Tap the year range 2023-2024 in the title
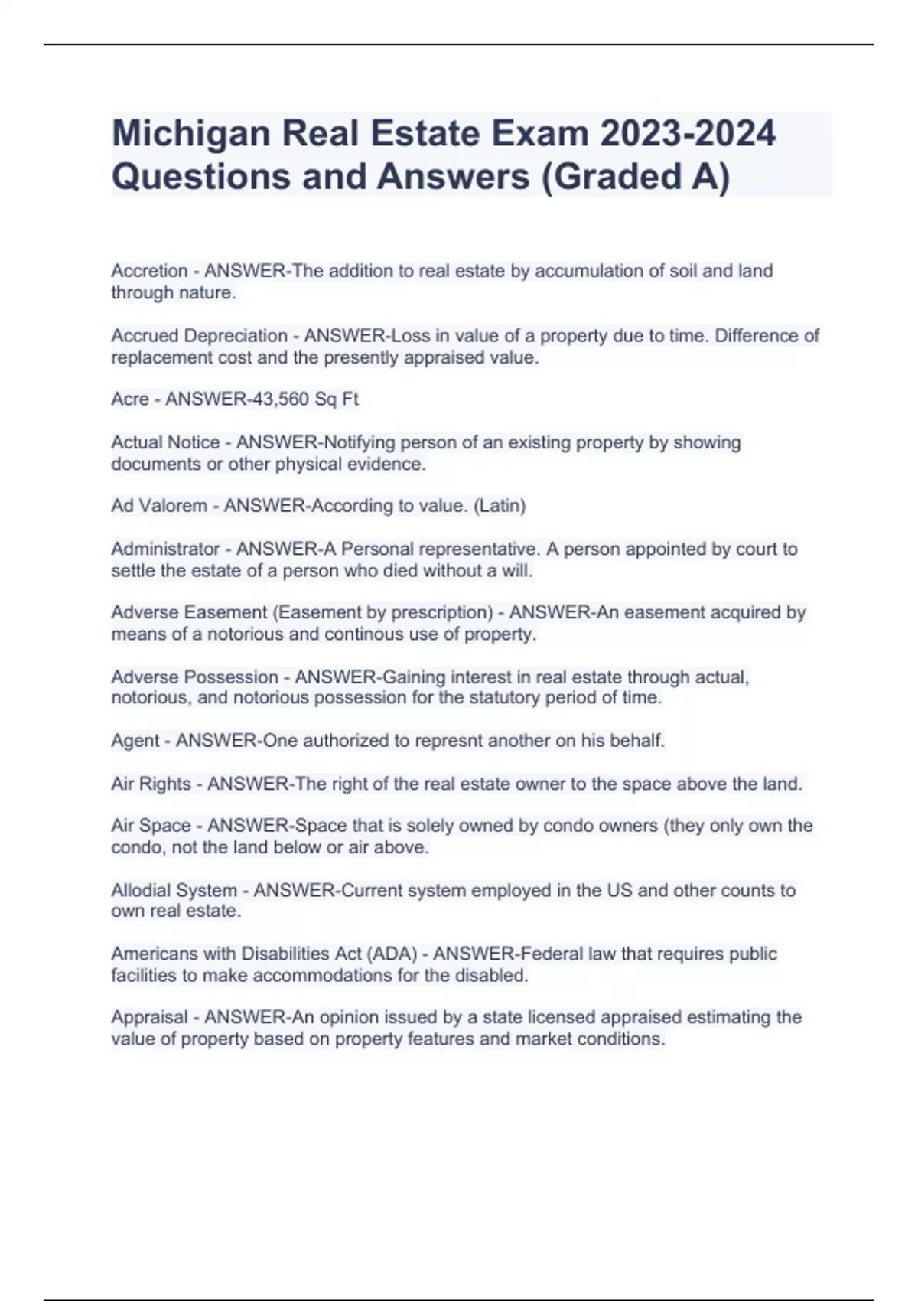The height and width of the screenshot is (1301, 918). pyautogui.click(x=688, y=134)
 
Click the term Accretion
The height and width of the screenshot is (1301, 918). pyautogui.click(x=149, y=271)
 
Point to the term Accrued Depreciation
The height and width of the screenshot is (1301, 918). pyautogui.click(x=199, y=336)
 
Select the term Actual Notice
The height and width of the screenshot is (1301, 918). pyautogui.click(x=165, y=442)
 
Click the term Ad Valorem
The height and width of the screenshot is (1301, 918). pyautogui.click(x=159, y=506)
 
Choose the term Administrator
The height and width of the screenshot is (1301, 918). pyautogui.click(x=165, y=549)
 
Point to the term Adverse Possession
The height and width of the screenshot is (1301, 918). pyautogui.click(x=194, y=677)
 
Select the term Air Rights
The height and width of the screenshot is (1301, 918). pyautogui.click(x=151, y=784)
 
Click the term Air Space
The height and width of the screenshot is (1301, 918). pyautogui.click(x=151, y=826)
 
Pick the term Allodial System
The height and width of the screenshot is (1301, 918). pyautogui.click(x=174, y=891)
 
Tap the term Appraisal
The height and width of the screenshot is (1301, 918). pyautogui.click(x=149, y=1017)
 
